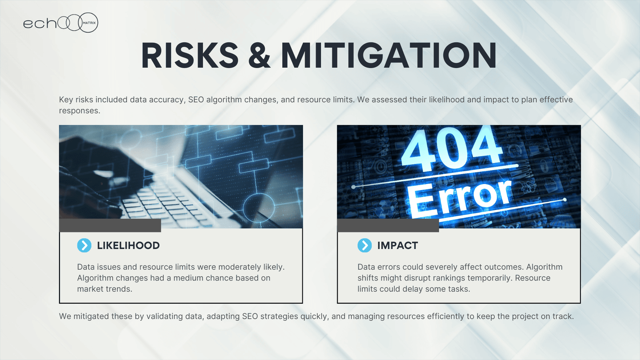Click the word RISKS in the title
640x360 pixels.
pyautogui.click(x=190, y=55)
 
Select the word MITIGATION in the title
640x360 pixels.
pyautogui.click(x=388, y=55)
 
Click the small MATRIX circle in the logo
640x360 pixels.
pyautogui.click(x=88, y=22)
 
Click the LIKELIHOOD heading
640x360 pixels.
pyautogui.click(x=128, y=246)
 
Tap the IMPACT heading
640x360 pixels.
pyautogui.click(x=398, y=246)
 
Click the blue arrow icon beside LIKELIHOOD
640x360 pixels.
pyautogui.click(x=84, y=246)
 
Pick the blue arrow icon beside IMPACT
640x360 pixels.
pyautogui.click(x=364, y=246)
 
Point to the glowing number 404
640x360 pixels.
pyautogui.click(x=452, y=148)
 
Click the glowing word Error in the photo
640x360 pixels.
pyautogui.click(x=460, y=197)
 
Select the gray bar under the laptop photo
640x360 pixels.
pyautogui.click(x=110, y=226)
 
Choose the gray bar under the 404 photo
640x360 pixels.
pyautogui.click(x=388, y=226)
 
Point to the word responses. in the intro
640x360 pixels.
pyautogui.click(x=80, y=111)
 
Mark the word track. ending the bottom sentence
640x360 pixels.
pyautogui.click(x=563, y=316)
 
